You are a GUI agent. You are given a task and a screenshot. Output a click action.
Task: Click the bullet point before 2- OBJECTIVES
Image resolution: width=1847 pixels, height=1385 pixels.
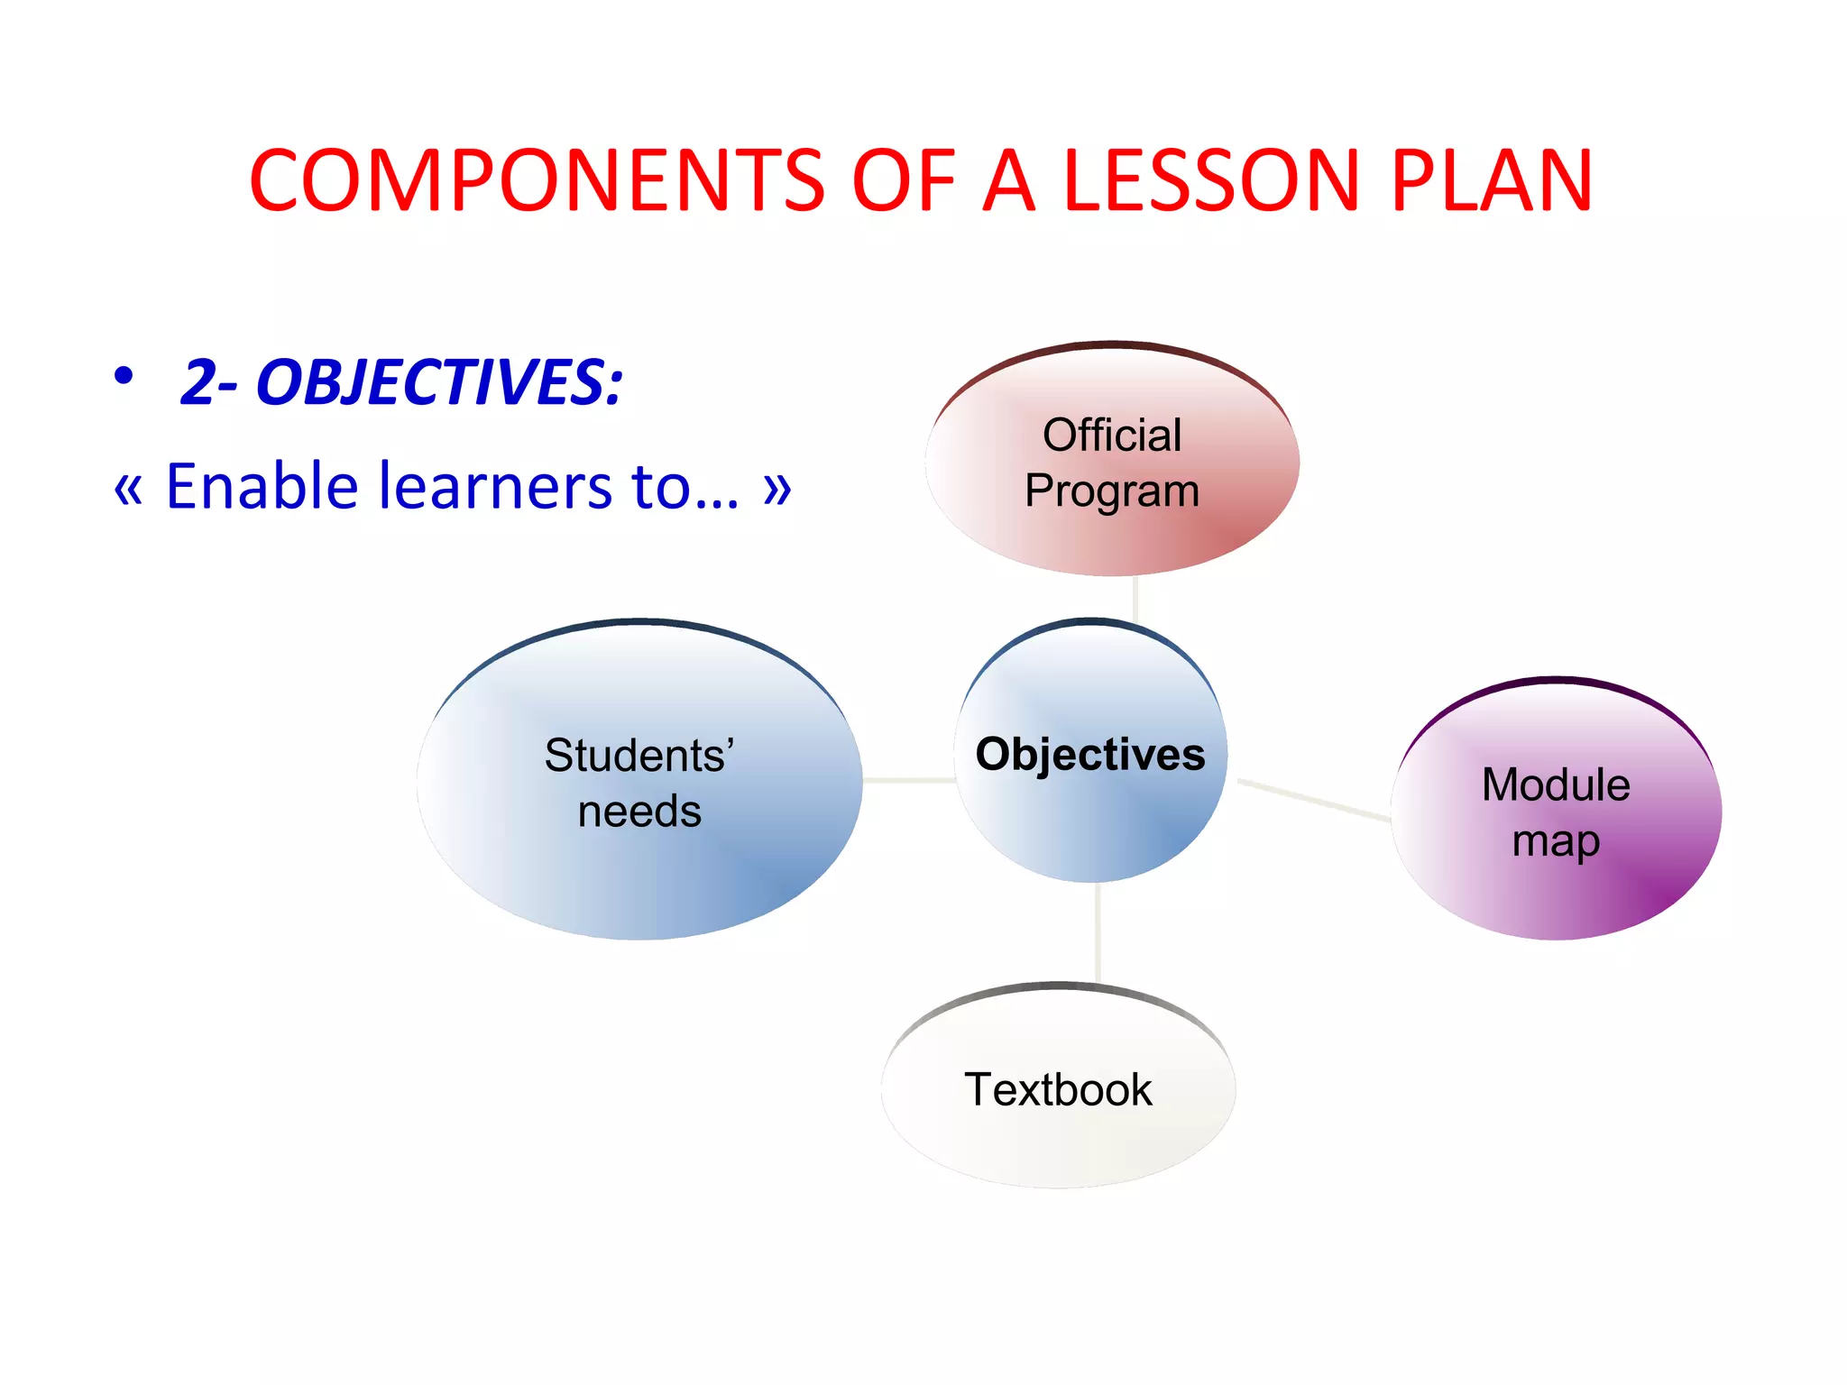[x=124, y=375]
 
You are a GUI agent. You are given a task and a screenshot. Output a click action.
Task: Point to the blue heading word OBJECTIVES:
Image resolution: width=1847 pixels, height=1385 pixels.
[x=439, y=382]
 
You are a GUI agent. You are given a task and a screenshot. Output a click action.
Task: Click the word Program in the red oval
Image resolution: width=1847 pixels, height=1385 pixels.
[x=1111, y=491]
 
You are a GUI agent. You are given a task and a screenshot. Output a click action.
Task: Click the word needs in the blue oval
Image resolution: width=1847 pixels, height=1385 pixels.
[x=639, y=812]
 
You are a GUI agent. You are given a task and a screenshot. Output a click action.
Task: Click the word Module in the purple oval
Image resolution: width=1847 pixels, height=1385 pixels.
[x=1556, y=784]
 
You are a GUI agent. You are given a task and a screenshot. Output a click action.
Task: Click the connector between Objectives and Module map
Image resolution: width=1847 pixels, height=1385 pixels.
[x=1313, y=800]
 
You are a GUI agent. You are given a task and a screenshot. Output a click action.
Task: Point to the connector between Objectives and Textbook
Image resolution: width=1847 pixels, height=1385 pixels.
[x=1098, y=932]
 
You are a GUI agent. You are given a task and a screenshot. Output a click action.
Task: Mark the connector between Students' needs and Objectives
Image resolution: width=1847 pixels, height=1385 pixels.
[x=908, y=780]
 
